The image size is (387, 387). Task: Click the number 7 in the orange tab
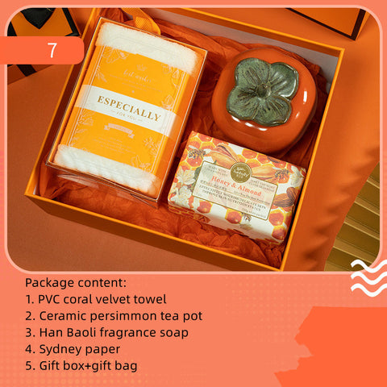[52, 50]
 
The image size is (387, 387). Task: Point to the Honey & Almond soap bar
[235, 187]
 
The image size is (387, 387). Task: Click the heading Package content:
[77, 283]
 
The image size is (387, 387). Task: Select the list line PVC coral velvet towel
[96, 299]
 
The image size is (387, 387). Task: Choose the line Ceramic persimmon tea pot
[114, 315]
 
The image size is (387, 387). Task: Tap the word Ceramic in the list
[62, 315]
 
